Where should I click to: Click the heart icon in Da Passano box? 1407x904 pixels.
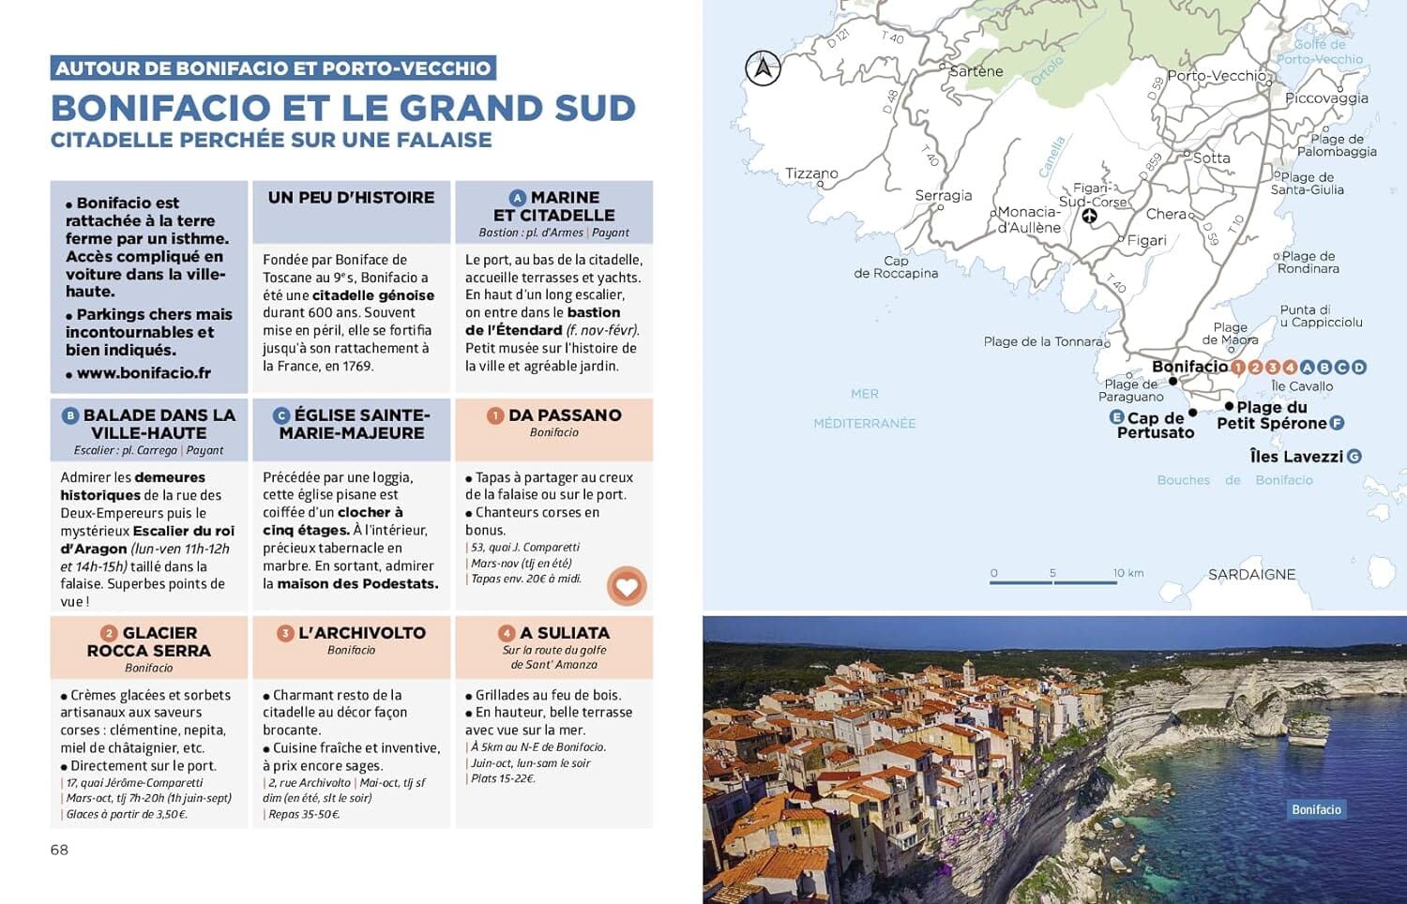[627, 586]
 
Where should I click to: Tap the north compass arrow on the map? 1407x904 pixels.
[763, 68]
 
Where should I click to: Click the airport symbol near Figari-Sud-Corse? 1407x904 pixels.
[1089, 217]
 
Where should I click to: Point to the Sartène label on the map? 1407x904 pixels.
[976, 71]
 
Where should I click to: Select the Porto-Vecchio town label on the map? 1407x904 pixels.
[1216, 76]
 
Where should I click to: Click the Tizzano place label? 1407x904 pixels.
[811, 173]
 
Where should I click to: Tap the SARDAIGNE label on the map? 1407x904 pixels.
[1251, 574]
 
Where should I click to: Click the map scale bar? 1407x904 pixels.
[1053, 582]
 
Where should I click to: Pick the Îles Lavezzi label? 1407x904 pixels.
[1296, 457]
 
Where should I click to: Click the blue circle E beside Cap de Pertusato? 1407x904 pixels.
[1116, 417]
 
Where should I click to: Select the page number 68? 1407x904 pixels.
[59, 850]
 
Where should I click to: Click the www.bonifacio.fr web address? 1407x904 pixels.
[144, 372]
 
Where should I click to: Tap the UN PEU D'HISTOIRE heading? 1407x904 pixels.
[351, 198]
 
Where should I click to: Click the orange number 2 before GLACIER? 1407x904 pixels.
[109, 633]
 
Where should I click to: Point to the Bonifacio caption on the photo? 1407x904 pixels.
[1316, 809]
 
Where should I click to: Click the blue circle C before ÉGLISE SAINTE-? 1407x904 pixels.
[280, 415]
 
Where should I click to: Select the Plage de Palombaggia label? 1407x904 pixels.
[1337, 145]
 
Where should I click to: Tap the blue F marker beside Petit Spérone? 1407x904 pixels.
[1338, 423]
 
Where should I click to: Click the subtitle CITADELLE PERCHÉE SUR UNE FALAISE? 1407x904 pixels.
[271, 140]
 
